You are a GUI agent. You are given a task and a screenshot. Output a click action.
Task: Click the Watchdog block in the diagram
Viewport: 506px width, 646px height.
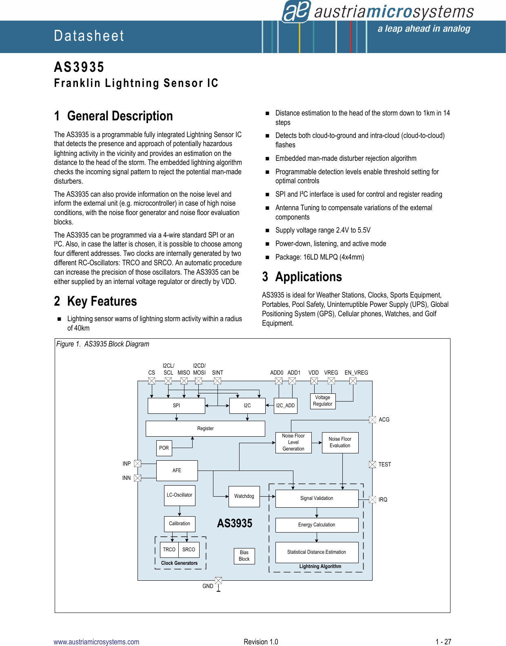tap(244, 496)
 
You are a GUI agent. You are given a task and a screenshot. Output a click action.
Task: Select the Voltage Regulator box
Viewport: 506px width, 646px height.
tap(323, 401)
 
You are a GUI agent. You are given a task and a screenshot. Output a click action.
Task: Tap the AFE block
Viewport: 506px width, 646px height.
tap(177, 471)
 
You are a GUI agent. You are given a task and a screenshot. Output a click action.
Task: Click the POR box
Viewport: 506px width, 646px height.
tap(164, 448)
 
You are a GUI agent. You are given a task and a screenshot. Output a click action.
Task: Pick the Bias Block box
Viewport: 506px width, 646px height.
tap(244, 556)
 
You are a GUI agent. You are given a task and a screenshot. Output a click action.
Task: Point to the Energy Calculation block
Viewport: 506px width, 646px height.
tap(317, 525)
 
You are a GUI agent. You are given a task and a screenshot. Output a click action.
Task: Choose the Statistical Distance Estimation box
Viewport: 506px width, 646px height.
tap(317, 552)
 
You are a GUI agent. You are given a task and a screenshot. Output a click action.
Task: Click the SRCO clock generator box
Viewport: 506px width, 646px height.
tap(189, 550)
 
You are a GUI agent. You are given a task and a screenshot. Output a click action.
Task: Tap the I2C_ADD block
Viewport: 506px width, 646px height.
tap(285, 406)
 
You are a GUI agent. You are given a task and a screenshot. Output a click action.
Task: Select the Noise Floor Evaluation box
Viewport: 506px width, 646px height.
tap(340, 442)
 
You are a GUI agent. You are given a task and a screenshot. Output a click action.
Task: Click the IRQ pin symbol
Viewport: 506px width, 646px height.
tap(372, 499)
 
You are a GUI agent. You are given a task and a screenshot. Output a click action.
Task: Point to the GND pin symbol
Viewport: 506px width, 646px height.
tap(218, 581)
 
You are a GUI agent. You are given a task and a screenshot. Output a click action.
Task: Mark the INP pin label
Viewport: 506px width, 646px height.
tap(126, 464)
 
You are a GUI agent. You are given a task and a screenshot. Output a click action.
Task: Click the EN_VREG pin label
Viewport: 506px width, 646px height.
tap(356, 373)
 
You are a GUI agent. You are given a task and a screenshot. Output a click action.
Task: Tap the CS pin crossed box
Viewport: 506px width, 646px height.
tap(152, 381)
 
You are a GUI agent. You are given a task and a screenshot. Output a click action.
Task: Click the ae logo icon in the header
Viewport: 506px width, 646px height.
tap(296, 11)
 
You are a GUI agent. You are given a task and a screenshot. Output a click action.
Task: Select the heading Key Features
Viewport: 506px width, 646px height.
tap(102, 301)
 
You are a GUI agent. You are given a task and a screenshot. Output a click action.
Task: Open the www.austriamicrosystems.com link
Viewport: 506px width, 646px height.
tap(96, 642)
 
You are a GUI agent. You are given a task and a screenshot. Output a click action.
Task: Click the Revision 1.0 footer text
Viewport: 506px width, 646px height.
tap(261, 642)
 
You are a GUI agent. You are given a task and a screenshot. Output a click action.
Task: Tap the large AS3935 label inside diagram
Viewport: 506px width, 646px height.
tap(235, 523)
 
